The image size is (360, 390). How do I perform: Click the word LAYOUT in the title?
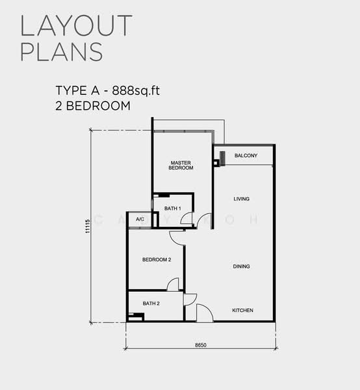pyautogui.click(x=76, y=25)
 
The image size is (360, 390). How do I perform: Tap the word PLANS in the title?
pyautogui.click(x=61, y=51)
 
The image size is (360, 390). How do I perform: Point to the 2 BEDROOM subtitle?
pyautogui.click(x=93, y=105)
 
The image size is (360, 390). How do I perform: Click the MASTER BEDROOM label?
pyautogui.click(x=181, y=165)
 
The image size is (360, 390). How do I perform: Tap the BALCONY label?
pyautogui.click(x=246, y=155)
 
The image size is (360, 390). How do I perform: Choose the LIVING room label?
pyautogui.click(x=242, y=199)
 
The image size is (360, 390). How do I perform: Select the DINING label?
pyautogui.click(x=242, y=266)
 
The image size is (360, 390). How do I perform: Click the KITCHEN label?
pyautogui.click(x=243, y=310)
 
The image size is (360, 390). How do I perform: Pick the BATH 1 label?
pyautogui.click(x=172, y=208)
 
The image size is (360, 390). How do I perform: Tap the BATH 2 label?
pyautogui.click(x=151, y=303)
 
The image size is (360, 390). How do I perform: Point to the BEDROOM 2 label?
pyautogui.click(x=157, y=260)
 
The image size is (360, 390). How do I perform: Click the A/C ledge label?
pyautogui.click(x=140, y=220)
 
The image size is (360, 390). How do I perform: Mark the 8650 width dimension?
pyautogui.click(x=200, y=344)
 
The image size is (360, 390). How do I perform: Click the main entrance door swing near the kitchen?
pyautogui.click(x=204, y=313)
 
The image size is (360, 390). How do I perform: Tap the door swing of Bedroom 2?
pyautogui.click(x=173, y=284)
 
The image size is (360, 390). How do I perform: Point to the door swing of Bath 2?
pyautogui.click(x=190, y=298)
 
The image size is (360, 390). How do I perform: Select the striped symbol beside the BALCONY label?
pyautogui.click(x=222, y=158)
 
